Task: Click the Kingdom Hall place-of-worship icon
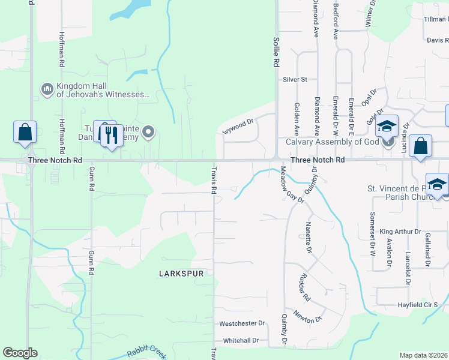tap(47, 89)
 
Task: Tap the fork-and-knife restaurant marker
tap(110, 134)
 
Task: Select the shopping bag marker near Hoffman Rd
tap(25, 133)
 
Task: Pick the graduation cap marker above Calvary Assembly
tap(387, 127)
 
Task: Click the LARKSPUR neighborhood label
tap(181, 273)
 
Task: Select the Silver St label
tap(295, 79)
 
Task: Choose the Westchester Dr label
tap(242, 323)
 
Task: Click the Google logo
tap(20, 353)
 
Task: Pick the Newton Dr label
tap(307, 317)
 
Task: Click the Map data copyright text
tap(423, 355)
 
